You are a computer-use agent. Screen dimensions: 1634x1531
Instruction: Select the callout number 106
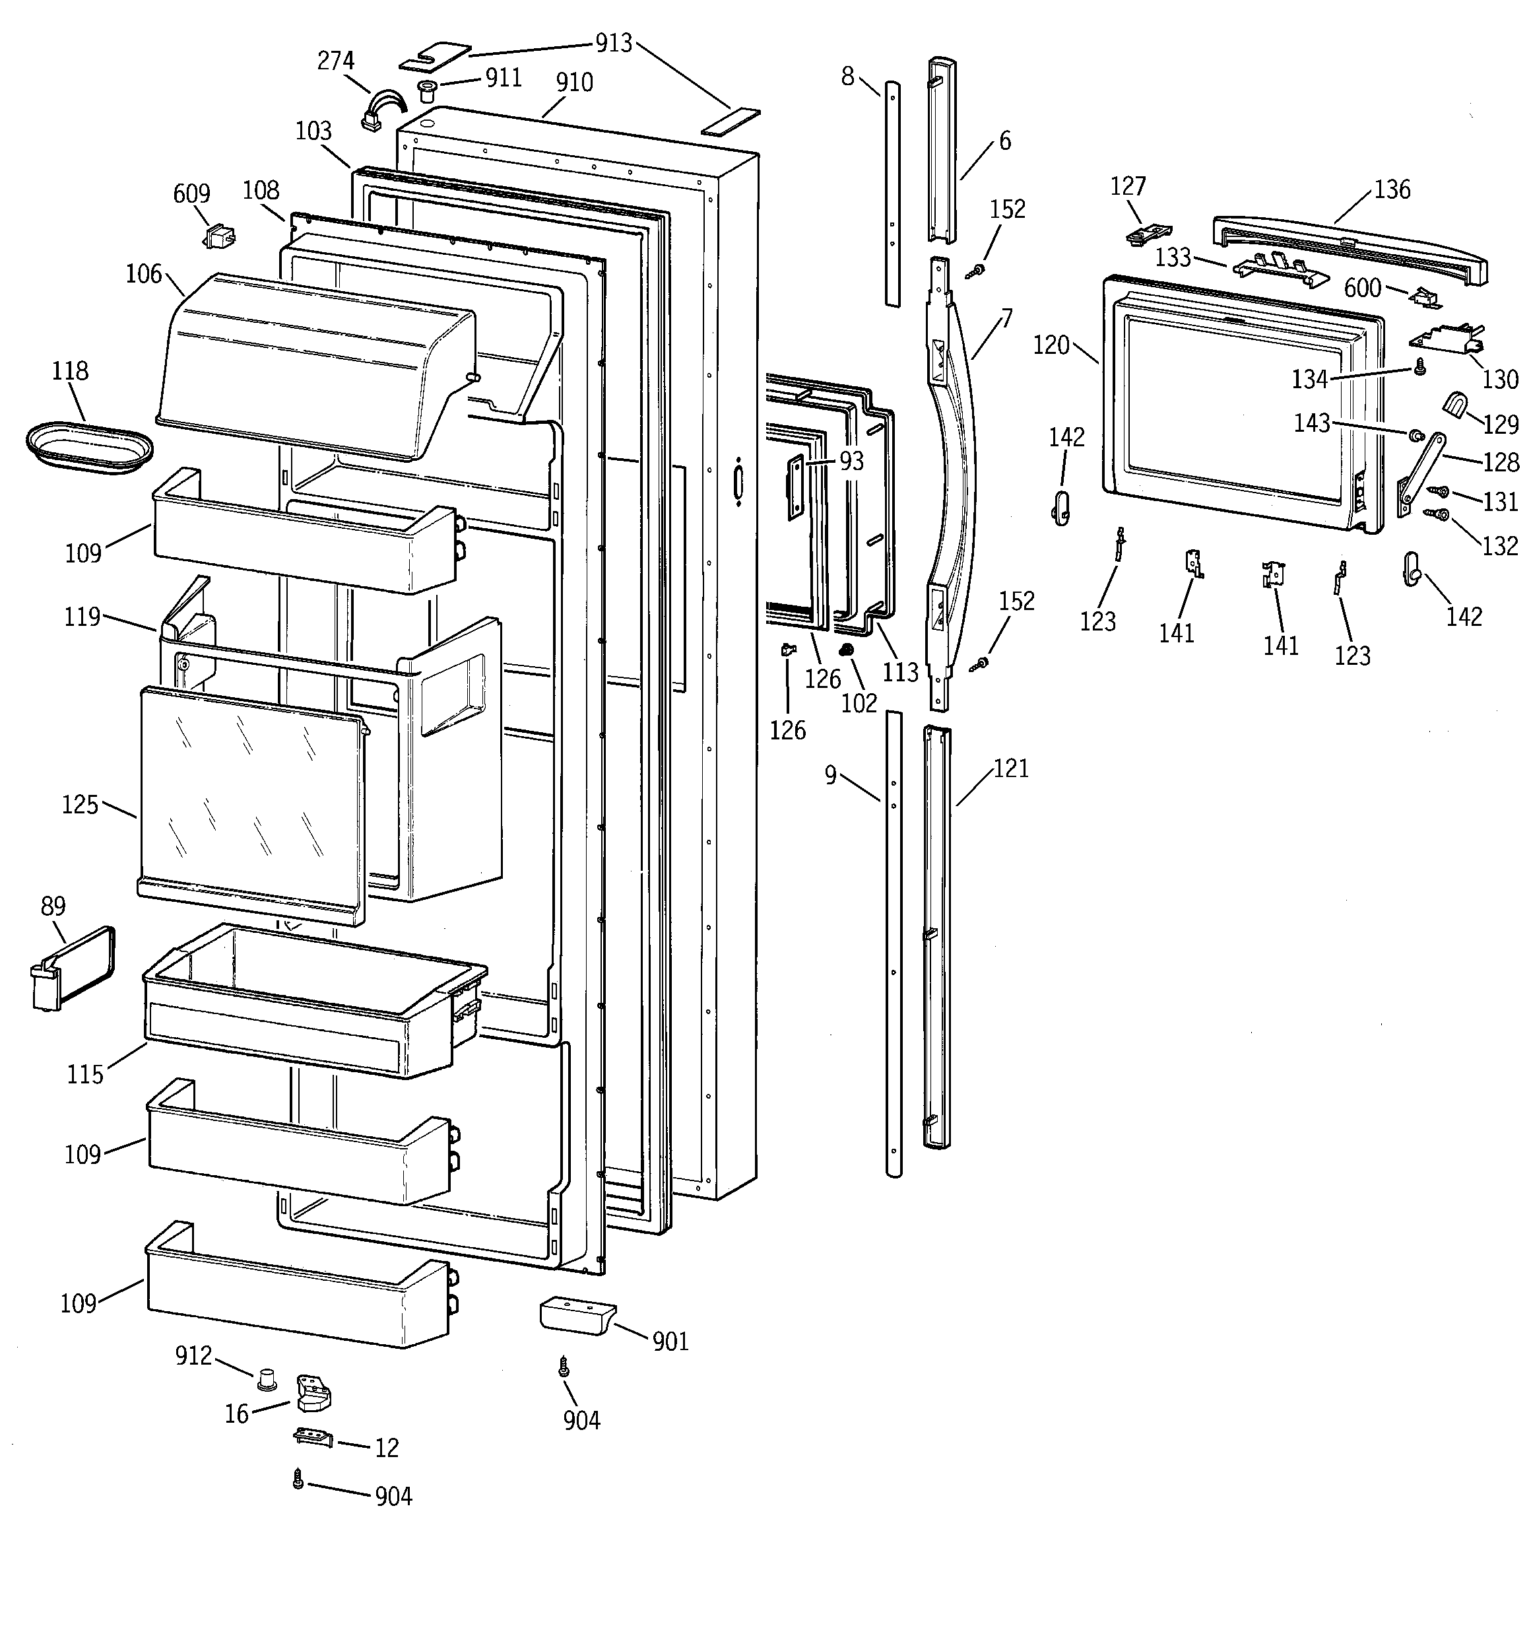143,275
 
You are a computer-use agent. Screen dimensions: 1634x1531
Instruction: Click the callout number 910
573,83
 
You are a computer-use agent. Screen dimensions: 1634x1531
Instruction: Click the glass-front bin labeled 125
251,801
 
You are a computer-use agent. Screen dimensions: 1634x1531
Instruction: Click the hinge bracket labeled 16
313,1392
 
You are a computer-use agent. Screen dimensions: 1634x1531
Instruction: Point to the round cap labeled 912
266,1379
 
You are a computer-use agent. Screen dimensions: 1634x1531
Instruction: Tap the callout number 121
1011,768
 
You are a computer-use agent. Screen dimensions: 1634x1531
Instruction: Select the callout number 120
1051,345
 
